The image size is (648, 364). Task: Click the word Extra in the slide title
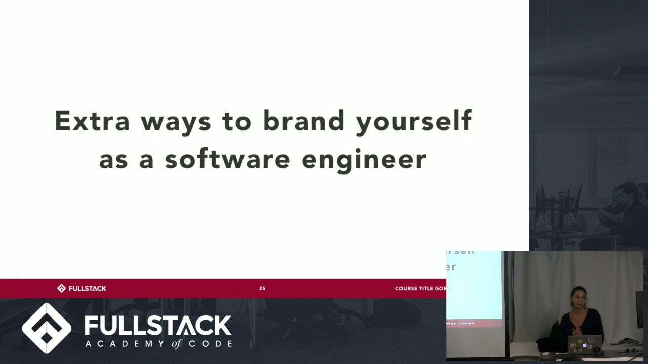[92, 121]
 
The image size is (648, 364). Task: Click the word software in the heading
[227, 159]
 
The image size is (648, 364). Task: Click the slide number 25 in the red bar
[262, 288]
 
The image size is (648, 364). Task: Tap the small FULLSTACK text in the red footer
[88, 288]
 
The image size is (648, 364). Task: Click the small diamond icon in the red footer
[61, 288]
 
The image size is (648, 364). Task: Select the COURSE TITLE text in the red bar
[420, 288]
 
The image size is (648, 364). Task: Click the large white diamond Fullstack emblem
[47, 328]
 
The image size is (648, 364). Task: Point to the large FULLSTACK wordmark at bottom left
[158, 325]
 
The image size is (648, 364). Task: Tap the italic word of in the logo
[176, 344]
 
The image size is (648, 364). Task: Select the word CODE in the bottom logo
[211, 344]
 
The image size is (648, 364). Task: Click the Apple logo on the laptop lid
[585, 345]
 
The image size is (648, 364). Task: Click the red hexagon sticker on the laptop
[577, 349]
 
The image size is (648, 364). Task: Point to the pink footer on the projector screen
[473, 323]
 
